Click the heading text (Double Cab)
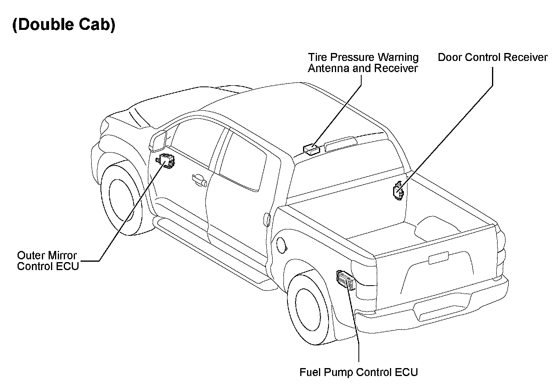tap(64, 25)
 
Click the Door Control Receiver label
tap(492, 57)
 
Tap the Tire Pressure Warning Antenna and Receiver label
tap(363, 63)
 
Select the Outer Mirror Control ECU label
tap(47, 261)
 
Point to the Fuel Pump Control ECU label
tap(358, 372)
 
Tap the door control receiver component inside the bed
tap(398, 190)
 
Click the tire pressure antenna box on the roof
tap(311, 149)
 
